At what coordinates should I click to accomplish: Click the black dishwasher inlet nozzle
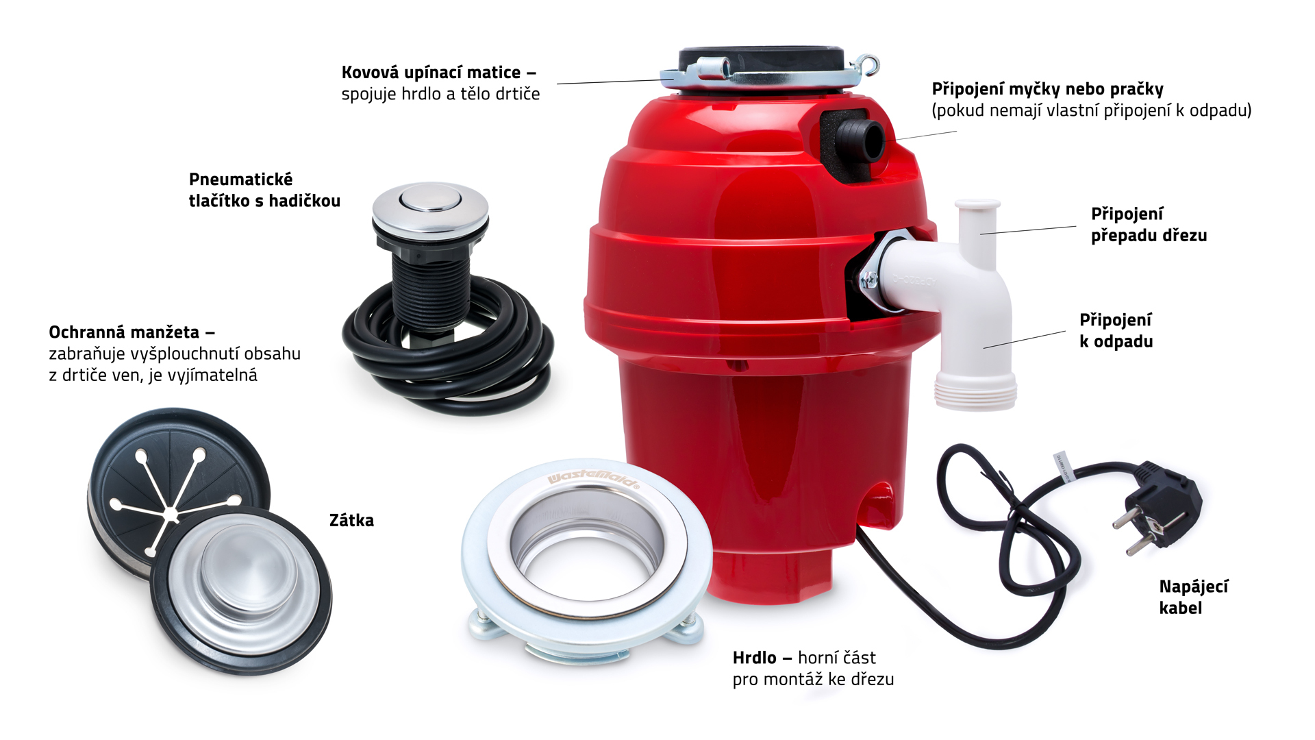pyautogui.click(x=860, y=140)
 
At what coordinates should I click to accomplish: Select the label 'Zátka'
pyautogui.click(x=351, y=521)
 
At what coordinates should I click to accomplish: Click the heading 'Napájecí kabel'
pyautogui.click(x=1193, y=597)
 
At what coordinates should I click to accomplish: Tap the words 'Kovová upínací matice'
pyautogui.click(x=431, y=73)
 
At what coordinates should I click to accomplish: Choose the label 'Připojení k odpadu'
pyautogui.click(x=1116, y=330)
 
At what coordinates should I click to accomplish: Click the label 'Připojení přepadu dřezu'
pyautogui.click(x=1149, y=224)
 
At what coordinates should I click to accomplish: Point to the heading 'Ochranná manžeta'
pyautogui.click(x=124, y=332)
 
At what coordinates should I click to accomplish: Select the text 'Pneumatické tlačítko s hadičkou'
pyautogui.click(x=264, y=190)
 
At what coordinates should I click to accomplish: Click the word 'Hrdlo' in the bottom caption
pyautogui.click(x=754, y=658)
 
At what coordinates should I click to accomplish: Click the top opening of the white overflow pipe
pyautogui.click(x=977, y=204)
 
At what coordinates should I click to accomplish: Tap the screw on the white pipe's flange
pyautogui.click(x=869, y=279)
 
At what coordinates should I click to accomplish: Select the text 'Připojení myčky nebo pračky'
pyautogui.click(x=1047, y=89)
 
